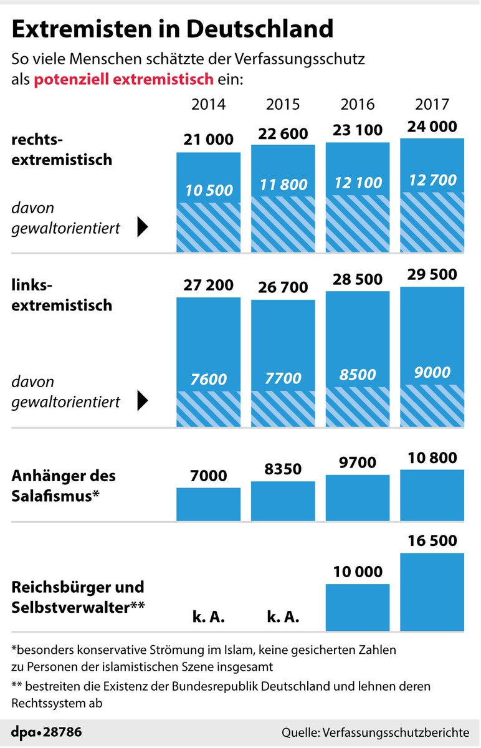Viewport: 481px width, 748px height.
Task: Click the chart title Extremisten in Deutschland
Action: (x=173, y=29)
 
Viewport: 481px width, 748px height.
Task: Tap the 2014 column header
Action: (x=208, y=104)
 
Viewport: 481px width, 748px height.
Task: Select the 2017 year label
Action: (x=432, y=104)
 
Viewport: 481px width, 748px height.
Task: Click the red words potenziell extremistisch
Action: (x=124, y=80)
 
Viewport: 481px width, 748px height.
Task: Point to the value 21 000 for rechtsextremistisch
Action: (x=208, y=140)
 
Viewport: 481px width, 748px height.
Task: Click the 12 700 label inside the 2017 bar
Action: (x=432, y=181)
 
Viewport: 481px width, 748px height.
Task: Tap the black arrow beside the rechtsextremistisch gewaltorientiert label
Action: (x=142, y=228)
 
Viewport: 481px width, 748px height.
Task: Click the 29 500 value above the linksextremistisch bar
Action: (x=432, y=274)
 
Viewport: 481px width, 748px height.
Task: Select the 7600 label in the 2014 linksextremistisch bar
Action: (x=208, y=378)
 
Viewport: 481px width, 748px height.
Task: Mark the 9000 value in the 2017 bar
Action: (x=432, y=373)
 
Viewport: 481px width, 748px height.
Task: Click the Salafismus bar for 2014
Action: (x=208, y=504)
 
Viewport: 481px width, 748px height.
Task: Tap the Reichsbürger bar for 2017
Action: (x=432, y=592)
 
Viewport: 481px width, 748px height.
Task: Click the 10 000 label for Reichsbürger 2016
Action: (x=358, y=572)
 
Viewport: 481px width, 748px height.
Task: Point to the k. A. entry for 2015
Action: (x=283, y=618)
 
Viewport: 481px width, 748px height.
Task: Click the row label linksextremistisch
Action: (x=62, y=295)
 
